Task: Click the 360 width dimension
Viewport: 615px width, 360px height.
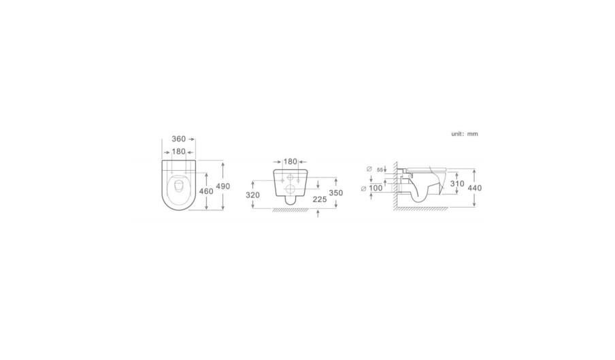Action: click(178, 140)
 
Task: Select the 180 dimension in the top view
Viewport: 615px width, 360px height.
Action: click(178, 152)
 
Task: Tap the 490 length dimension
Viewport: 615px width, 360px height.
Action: click(222, 186)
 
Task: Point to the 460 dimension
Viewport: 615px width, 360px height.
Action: click(206, 191)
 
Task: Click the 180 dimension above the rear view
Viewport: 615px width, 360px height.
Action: click(290, 161)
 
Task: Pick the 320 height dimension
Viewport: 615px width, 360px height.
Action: click(252, 195)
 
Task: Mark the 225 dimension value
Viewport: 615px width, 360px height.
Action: click(320, 199)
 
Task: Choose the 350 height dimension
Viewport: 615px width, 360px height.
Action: click(336, 193)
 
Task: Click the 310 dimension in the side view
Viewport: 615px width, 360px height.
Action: click(457, 184)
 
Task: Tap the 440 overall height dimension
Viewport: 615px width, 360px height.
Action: click(475, 188)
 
